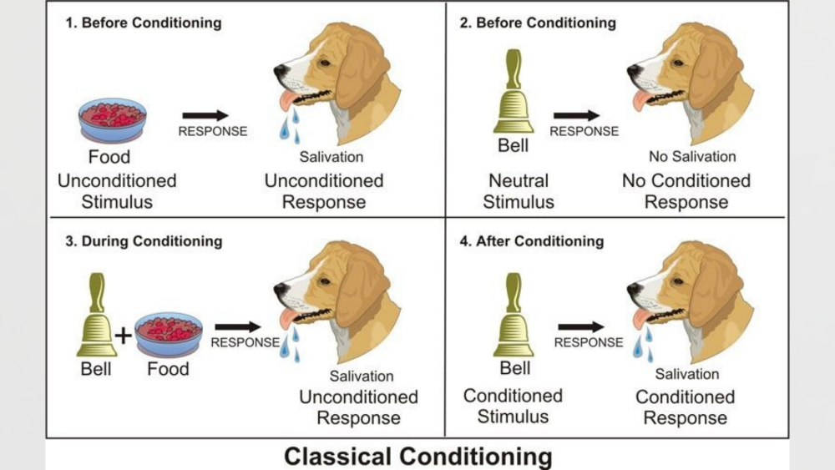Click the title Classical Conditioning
coord(417,457)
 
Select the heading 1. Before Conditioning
coord(144,23)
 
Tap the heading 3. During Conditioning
coord(144,241)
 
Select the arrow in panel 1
coord(205,115)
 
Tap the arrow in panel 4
coord(581,327)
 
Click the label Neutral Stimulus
coord(519,191)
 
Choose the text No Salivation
coord(692,156)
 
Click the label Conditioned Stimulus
coord(513,406)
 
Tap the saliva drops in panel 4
coord(643,343)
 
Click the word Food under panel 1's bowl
coord(109,157)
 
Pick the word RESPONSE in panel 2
coord(584,131)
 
